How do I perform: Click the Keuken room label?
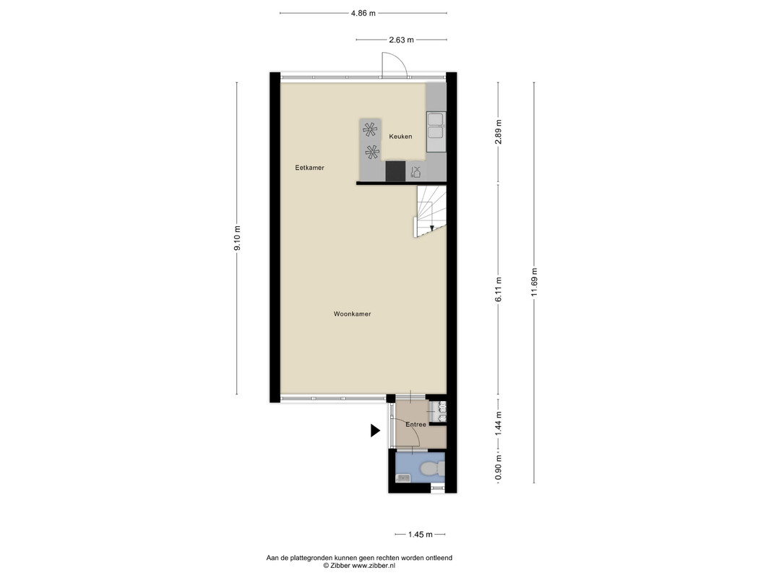(400, 136)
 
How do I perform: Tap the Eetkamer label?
(309, 168)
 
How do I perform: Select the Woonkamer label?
(352, 314)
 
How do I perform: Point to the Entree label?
(416, 424)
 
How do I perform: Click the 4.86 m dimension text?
(363, 13)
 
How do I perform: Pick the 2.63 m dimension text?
(401, 40)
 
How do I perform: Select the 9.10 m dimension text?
(238, 238)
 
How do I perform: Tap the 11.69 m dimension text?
(535, 282)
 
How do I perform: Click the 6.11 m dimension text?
(499, 290)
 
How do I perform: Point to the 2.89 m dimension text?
(499, 132)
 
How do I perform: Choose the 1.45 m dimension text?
(421, 534)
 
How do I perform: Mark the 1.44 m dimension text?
(499, 423)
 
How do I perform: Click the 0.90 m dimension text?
(499, 469)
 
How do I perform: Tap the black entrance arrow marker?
(375, 431)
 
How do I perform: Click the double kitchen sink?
(436, 126)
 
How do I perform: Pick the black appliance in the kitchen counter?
(395, 171)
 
